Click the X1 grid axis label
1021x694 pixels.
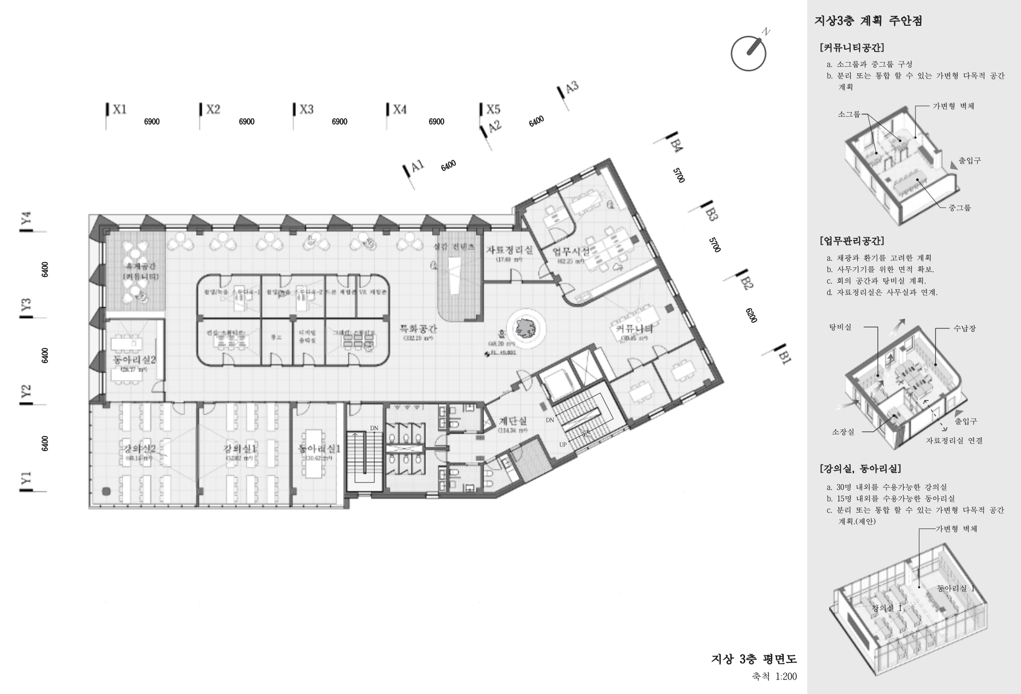pyautogui.click(x=119, y=109)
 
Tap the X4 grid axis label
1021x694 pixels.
pyautogui.click(x=400, y=109)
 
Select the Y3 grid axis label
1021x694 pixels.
pyautogui.click(x=27, y=304)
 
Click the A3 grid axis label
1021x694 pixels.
pyautogui.click(x=571, y=87)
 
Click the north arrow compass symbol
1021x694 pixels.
pyautogui.click(x=749, y=53)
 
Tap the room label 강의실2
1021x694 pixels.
pyautogui.click(x=139, y=449)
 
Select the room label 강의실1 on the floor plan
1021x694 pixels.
pyautogui.click(x=240, y=449)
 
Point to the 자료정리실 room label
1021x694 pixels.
pyautogui.click(x=509, y=250)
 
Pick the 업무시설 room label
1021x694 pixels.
pyautogui.click(x=571, y=252)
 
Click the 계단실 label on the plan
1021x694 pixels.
pyautogui.click(x=513, y=421)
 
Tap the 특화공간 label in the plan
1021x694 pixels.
pyautogui.click(x=418, y=329)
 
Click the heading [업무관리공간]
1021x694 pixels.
pyautogui.click(x=852, y=241)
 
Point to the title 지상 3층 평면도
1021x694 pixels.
pyautogui.click(x=754, y=659)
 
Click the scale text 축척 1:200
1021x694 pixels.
pyautogui.click(x=774, y=676)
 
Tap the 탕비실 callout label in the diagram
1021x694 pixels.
pyautogui.click(x=840, y=327)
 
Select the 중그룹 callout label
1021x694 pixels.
pyautogui.click(x=959, y=208)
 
